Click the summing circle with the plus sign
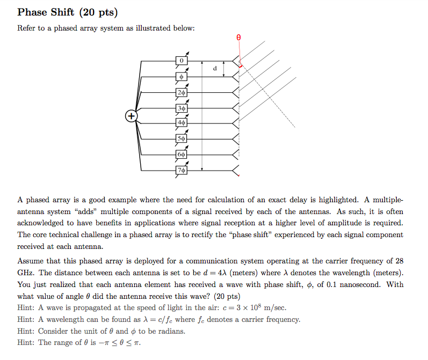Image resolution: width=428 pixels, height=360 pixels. pos(130,116)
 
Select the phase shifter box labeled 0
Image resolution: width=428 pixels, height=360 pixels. pos(182,61)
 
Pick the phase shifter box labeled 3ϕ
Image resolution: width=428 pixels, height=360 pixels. pos(182,108)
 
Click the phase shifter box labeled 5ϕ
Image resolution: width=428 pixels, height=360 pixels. pos(182,139)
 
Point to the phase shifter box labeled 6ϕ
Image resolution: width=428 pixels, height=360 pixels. pos(182,155)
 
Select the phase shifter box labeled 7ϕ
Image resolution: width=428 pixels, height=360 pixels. pos(182,171)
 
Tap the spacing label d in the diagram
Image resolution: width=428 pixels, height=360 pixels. pos(215,69)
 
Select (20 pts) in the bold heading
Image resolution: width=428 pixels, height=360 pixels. pos(98,12)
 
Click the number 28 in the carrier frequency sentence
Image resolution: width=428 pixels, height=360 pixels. pos(398,261)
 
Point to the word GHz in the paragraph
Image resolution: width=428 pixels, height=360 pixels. pos(26,273)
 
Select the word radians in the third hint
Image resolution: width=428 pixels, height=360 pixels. pos(170,331)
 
